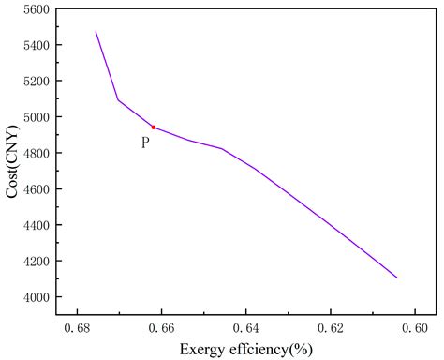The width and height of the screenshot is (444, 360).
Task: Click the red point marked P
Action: click(x=154, y=127)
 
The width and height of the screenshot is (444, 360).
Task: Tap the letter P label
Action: click(x=145, y=142)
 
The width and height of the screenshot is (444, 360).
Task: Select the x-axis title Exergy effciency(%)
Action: click(x=245, y=350)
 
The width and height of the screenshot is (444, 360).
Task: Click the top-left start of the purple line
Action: click(x=96, y=32)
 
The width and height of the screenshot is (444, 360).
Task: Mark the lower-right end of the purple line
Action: click(x=397, y=277)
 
